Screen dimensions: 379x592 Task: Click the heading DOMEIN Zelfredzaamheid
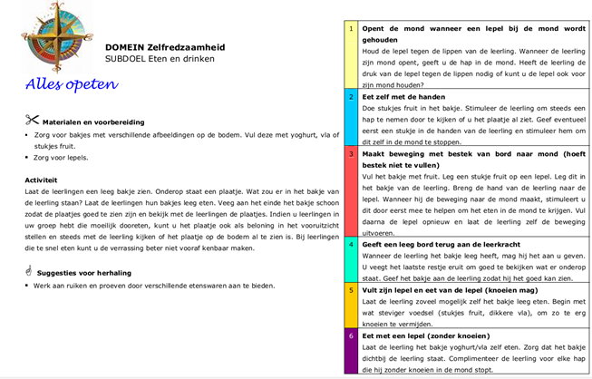click(x=165, y=46)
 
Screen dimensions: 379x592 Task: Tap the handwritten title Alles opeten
click(x=73, y=85)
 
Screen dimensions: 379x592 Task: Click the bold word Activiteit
click(x=42, y=180)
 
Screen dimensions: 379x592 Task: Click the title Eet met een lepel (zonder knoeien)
click(x=430, y=335)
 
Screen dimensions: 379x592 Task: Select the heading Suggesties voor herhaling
click(x=95, y=272)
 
